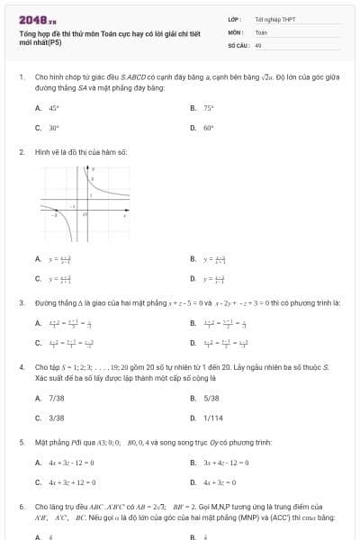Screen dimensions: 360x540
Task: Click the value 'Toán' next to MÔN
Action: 261,31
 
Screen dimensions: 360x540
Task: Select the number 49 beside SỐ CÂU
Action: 258,44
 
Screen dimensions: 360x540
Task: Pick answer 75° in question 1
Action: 208,107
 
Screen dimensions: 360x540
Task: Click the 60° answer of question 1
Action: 208,128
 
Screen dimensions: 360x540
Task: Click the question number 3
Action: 21,303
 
